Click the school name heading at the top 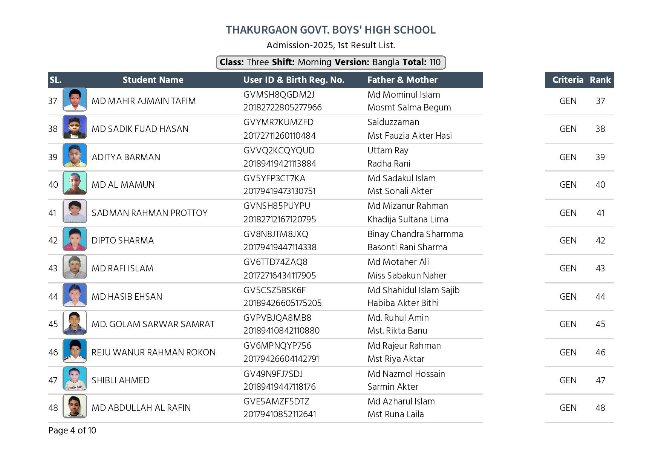(330, 30)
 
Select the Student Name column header (153, 80)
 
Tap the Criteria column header (568, 80)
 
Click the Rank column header (600, 80)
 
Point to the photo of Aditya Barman (75, 155)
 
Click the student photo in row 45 (75, 323)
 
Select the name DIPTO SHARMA (122, 240)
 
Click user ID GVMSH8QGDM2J (278, 95)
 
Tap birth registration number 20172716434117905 (279, 276)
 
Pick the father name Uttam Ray (388, 150)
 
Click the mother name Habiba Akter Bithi (403, 303)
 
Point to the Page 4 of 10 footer (72, 430)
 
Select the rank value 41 (600, 213)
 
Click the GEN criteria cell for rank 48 (568, 408)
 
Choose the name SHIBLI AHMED (121, 380)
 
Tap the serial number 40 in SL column (53, 185)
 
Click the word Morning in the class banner (314, 62)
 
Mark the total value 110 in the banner (435, 62)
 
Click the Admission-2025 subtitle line (330, 46)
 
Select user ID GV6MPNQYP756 (277, 346)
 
